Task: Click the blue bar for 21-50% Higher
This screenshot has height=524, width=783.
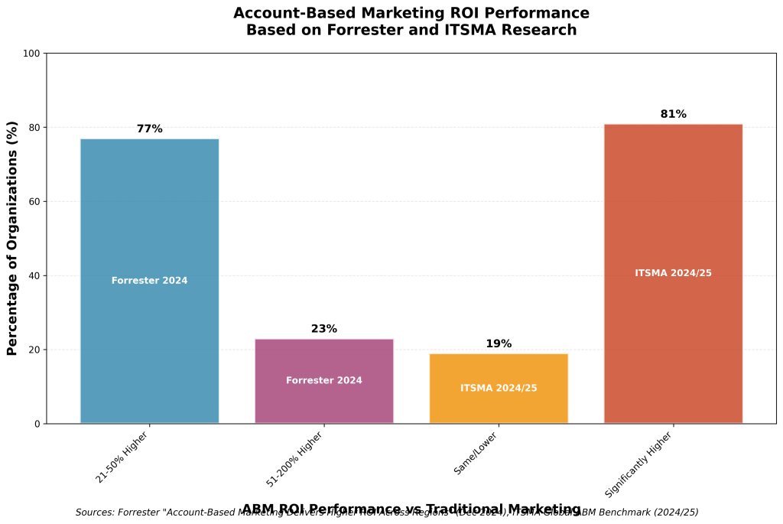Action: pyautogui.click(x=149, y=214)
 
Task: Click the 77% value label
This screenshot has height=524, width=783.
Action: pyautogui.click(x=149, y=129)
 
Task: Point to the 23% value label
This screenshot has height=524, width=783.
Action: pyautogui.click(x=323, y=329)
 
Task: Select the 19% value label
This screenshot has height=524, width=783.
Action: pyautogui.click(x=499, y=344)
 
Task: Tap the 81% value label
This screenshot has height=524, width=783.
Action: pyautogui.click(x=673, y=115)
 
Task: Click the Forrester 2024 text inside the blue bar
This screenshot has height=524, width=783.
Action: pyautogui.click(x=149, y=281)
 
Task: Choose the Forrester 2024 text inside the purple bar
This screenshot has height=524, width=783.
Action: pyautogui.click(x=323, y=381)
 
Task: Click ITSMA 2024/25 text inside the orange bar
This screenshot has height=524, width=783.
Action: pyautogui.click(x=499, y=389)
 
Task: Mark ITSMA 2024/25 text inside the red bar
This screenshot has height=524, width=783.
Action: pyautogui.click(x=673, y=273)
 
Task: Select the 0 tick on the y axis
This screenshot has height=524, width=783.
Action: pyautogui.click(x=37, y=424)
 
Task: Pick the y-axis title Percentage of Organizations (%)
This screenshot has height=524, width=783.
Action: pyautogui.click(x=12, y=238)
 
